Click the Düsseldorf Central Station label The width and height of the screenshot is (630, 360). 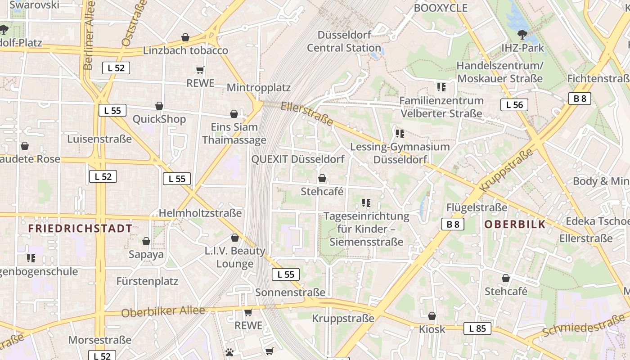344,41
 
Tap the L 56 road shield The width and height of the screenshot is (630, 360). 514,105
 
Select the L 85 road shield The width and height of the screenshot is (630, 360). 477,328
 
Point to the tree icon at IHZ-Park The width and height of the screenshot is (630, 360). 522,34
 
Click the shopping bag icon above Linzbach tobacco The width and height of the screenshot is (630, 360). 185,37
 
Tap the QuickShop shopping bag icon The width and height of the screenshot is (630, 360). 159,106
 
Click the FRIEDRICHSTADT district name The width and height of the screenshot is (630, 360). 80,229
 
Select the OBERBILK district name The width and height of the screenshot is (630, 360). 515,224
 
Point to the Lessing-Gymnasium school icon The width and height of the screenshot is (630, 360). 400,134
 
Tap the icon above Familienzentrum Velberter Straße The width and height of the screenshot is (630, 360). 441,87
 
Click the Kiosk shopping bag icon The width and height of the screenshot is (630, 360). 432,316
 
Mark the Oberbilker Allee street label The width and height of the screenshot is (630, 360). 163,311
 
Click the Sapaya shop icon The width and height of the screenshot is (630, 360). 146,242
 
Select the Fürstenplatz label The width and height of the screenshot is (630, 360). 147,281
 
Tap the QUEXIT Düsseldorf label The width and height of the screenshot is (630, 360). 298,159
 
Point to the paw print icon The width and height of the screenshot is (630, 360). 229,352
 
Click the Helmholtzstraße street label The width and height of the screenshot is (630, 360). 200,213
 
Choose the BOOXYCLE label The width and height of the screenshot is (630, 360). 441,8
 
